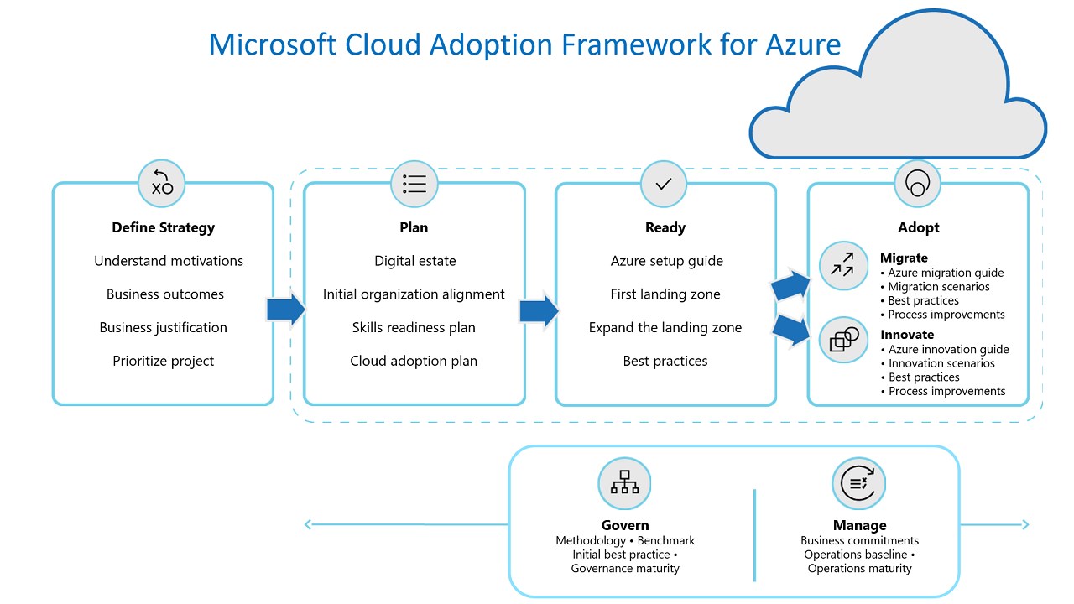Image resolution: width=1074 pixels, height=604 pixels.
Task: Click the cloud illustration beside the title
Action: [898, 101]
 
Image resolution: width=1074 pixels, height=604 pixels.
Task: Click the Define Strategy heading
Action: [164, 227]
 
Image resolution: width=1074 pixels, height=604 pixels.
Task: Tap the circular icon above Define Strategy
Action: [162, 184]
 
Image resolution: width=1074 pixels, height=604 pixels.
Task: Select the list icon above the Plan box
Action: [414, 184]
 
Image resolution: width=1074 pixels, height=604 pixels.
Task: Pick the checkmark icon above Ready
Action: [664, 184]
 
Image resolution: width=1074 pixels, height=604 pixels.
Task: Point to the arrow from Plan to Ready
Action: [539, 310]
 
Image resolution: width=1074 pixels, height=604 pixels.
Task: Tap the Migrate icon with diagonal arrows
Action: [842, 265]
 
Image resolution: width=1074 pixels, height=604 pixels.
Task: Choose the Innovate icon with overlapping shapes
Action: [843, 339]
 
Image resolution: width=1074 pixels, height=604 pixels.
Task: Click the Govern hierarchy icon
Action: [624, 482]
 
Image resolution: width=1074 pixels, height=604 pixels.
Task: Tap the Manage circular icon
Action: [858, 482]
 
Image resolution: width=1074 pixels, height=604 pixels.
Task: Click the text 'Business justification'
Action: [164, 327]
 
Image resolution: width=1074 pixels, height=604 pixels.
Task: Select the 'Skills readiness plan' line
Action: [414, 327]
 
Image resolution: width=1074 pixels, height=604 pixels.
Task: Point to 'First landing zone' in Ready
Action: [665, 294]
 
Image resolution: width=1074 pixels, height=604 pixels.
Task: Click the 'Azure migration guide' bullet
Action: [946, 273]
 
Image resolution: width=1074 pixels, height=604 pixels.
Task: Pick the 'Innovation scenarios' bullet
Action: [941, 363]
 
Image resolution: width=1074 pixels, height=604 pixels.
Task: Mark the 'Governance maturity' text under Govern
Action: [625, 569]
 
